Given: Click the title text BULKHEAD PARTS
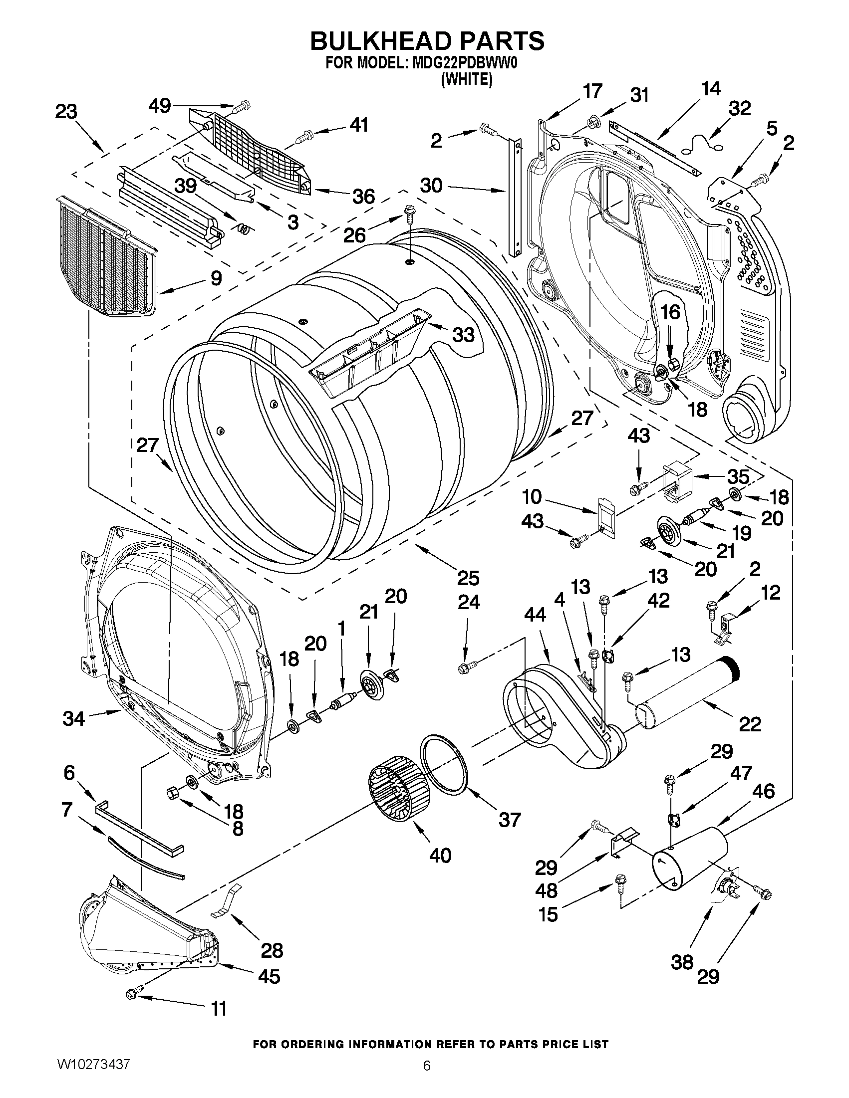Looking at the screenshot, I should pos(427,41).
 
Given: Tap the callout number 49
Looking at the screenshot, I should pos(160,106).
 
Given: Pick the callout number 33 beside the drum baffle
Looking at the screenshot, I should pos(463,334).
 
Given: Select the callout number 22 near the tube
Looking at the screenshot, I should pos(750,724).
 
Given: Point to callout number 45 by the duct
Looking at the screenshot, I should pos(269,976).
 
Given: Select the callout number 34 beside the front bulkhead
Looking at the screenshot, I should pos(74,718).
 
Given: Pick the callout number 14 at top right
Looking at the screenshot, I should pos(711,89).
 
